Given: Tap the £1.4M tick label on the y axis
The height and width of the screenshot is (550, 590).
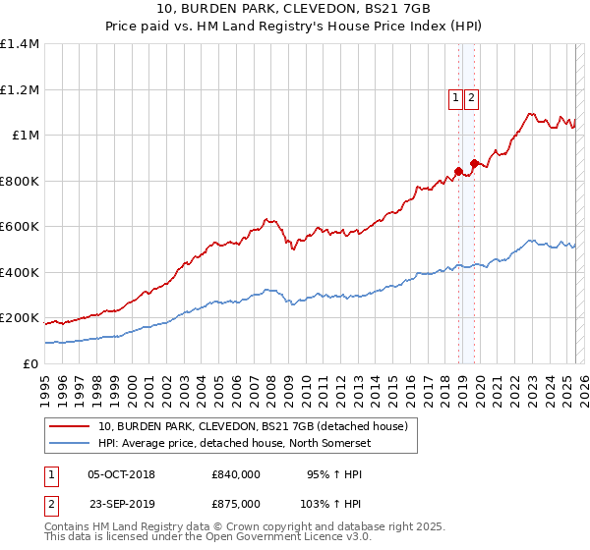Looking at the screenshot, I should [x=20, y=44].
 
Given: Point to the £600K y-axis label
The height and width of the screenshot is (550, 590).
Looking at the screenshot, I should [x=20, y=227].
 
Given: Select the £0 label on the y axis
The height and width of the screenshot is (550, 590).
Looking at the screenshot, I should [x=29, y=363].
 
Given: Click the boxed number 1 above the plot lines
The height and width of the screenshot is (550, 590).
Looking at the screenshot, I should [x=456, y=97].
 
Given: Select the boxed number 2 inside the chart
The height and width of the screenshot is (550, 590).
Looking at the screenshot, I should [x=472, y=97].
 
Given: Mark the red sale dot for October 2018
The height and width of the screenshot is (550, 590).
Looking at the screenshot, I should [x=458, y=172].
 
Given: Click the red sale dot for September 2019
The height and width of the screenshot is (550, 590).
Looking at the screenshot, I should [x=475, y=163].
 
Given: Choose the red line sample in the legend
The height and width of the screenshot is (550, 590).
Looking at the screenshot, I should [x=70, y=426].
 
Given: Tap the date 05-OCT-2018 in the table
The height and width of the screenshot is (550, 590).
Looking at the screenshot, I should [x=121, y=474].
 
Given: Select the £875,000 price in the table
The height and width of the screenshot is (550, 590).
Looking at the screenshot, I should [x=236, y=504].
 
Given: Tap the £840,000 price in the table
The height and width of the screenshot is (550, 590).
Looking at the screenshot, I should [x=236, y=474].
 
